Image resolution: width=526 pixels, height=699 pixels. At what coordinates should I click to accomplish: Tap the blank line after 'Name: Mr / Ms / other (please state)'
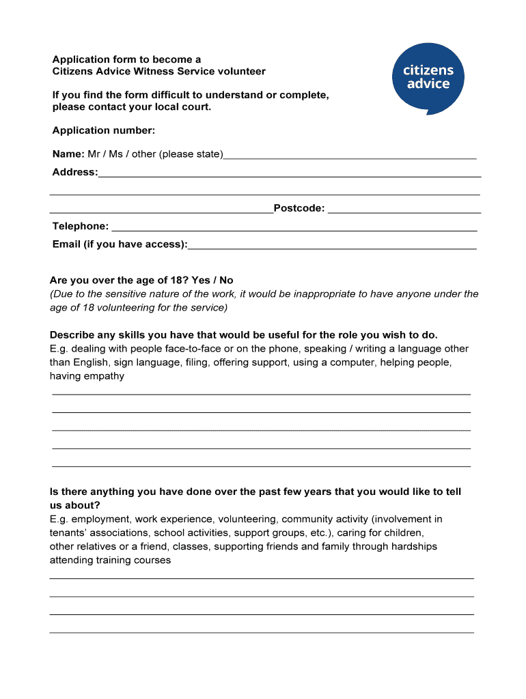tap(350, 156)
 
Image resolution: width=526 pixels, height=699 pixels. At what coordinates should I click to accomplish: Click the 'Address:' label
tap(74, 172)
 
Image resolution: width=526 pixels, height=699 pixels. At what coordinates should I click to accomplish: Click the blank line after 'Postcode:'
tap(404, 210)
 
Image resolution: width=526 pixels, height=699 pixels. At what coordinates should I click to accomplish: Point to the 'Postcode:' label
tap(299, 208)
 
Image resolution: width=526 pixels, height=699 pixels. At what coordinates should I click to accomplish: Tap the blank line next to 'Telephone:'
tap(294, 229)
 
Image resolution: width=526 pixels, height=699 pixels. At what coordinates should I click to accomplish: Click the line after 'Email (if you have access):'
tap(332, 246)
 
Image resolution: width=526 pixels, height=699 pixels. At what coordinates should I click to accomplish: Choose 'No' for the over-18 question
tap(226, 281)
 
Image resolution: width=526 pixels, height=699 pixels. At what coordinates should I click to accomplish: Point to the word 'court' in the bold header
tap(195, 108)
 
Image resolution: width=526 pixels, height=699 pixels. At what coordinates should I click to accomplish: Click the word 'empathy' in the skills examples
tap(104, 376)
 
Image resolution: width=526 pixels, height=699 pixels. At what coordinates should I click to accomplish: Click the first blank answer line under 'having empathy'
tap(261, 393)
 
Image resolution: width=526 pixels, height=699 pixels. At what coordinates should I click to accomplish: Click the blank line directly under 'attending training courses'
tap(261, 577)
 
